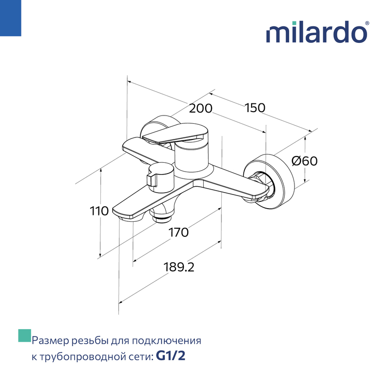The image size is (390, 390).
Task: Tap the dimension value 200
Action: pyautogui.click(x=200, y=108)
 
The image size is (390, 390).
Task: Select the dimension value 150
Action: pyautogui.click(x=255, y=108)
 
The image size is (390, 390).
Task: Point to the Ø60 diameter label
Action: pyautogui.click(x=304, y=161)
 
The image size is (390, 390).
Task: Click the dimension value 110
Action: pyautogui.click(x=99, y=211)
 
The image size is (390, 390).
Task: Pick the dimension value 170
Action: pyautogui.click(x=178, y=233)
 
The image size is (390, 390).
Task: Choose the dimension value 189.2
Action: pyautogui.click(x=179, y=267)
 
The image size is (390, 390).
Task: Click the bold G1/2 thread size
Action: pyautogui.click(x=171, y=356)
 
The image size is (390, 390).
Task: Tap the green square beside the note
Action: pyautogui.click(x=25, y=335)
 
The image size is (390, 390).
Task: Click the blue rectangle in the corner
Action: pyautogui.click(x=10, y=18)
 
